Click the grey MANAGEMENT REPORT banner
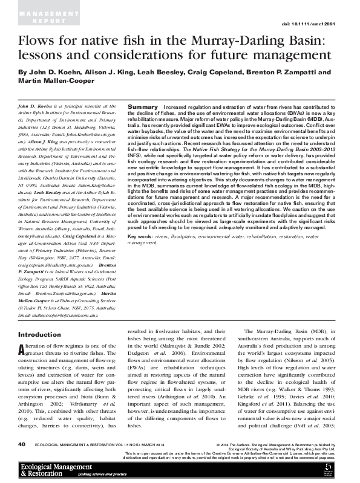(x=37, y=15)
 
